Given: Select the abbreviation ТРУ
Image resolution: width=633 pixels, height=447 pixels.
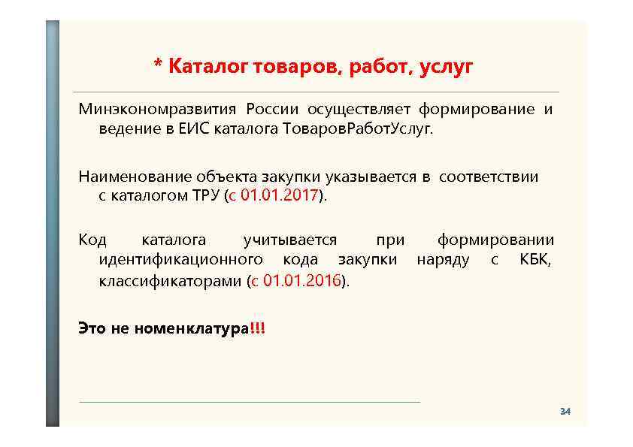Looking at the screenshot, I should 203,196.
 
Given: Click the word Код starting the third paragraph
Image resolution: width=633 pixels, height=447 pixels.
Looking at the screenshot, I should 93,240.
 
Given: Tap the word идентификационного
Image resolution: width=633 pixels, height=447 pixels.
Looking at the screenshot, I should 181,260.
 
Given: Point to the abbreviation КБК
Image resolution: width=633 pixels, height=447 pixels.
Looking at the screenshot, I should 535,260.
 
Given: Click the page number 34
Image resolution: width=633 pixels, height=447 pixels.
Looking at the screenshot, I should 565,412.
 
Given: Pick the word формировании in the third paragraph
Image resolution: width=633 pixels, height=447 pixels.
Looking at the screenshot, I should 495,240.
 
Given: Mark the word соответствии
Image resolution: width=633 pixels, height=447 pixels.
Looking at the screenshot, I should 489,177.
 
